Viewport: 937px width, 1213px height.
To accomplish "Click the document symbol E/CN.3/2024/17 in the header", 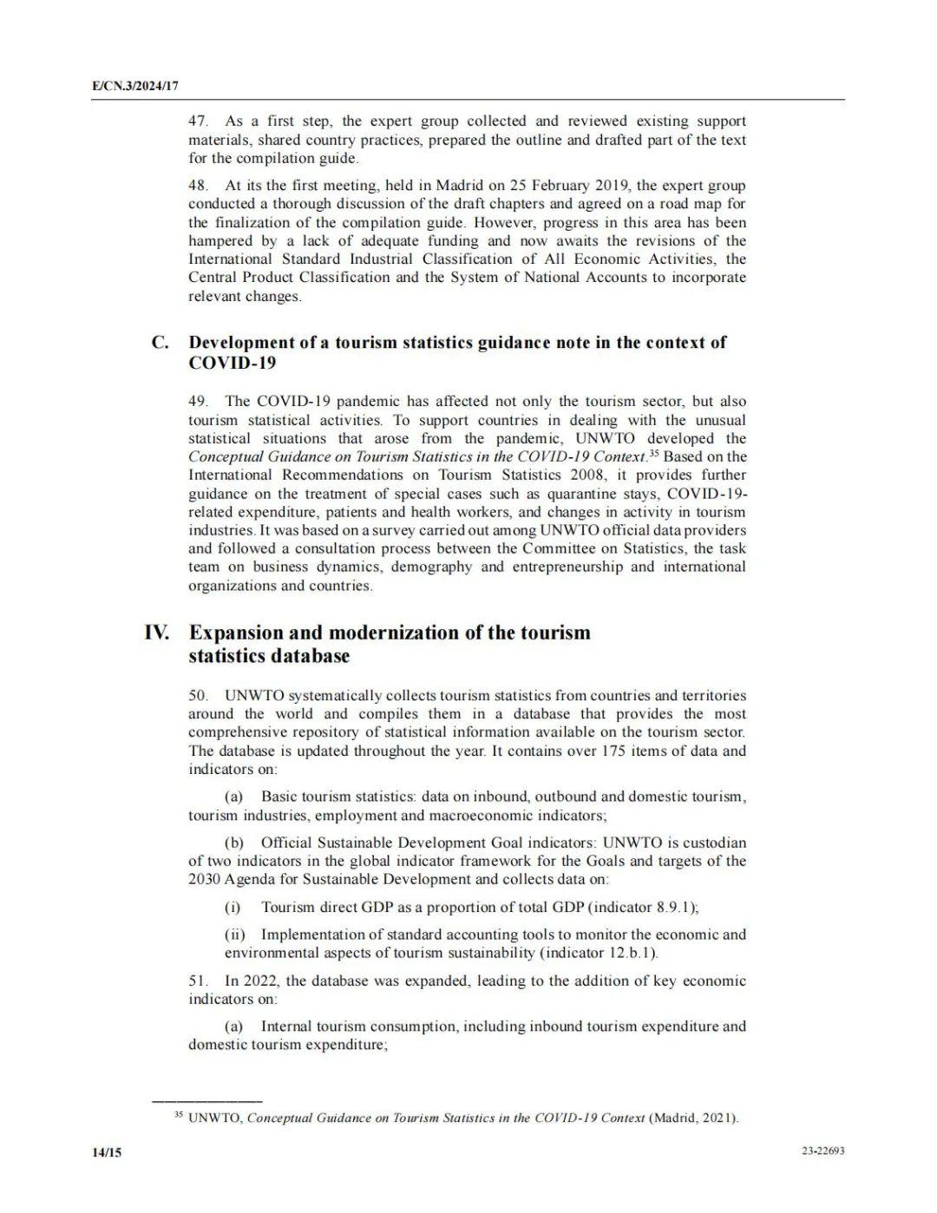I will (x=135, y=87).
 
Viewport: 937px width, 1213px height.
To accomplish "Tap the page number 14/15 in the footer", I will (x=107, y=1152).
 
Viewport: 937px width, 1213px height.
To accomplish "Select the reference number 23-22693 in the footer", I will (x=823, y=1151).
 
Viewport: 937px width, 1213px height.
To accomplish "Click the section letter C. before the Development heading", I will (x=160, y=343).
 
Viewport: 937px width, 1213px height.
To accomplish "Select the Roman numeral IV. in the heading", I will (x=157, y=633).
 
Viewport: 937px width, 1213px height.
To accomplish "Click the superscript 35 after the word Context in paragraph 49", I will (x=654, y=454).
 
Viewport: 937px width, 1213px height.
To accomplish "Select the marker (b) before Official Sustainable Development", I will (x=234, y=843).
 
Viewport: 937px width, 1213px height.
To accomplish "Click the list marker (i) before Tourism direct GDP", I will (x=233, y=908).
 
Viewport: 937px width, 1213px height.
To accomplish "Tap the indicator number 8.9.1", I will (x=675, y=908).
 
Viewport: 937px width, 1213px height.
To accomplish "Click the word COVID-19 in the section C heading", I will (x=232, y=364).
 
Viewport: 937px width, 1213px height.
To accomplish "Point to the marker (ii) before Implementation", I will (x=235, y=935).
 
